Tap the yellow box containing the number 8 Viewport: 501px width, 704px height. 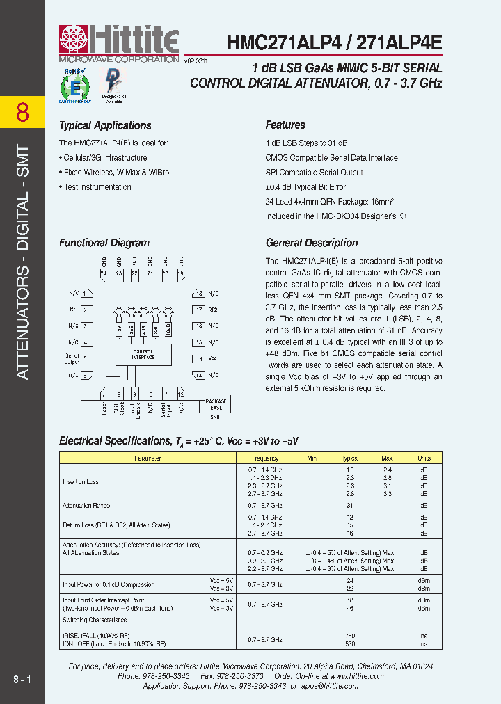[x=22, y=112]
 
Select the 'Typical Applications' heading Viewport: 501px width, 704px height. [x=105, y=126]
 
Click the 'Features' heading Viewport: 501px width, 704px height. [x=285, y=125]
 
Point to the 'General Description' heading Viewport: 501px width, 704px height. [x=312, y=243]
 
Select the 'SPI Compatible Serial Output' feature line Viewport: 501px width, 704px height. [x=314, y=173]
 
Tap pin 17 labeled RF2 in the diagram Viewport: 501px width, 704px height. [x=206, y=309]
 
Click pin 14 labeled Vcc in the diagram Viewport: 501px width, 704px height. [x=206, y=359]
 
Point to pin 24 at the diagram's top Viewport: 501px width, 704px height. [x=104, y=274]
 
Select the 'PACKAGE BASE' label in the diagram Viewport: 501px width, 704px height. [x=216, y=404]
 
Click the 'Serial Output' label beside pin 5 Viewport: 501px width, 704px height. [x=71, y=358]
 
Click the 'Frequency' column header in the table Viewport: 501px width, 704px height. [x=265, y=458]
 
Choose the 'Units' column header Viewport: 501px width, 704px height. [x=424, y=458]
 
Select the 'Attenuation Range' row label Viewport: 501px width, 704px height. [x=86, y=506]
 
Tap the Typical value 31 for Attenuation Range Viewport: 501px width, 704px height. [x=350, y=506]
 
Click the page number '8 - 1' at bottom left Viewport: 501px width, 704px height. [x=22, y=678]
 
